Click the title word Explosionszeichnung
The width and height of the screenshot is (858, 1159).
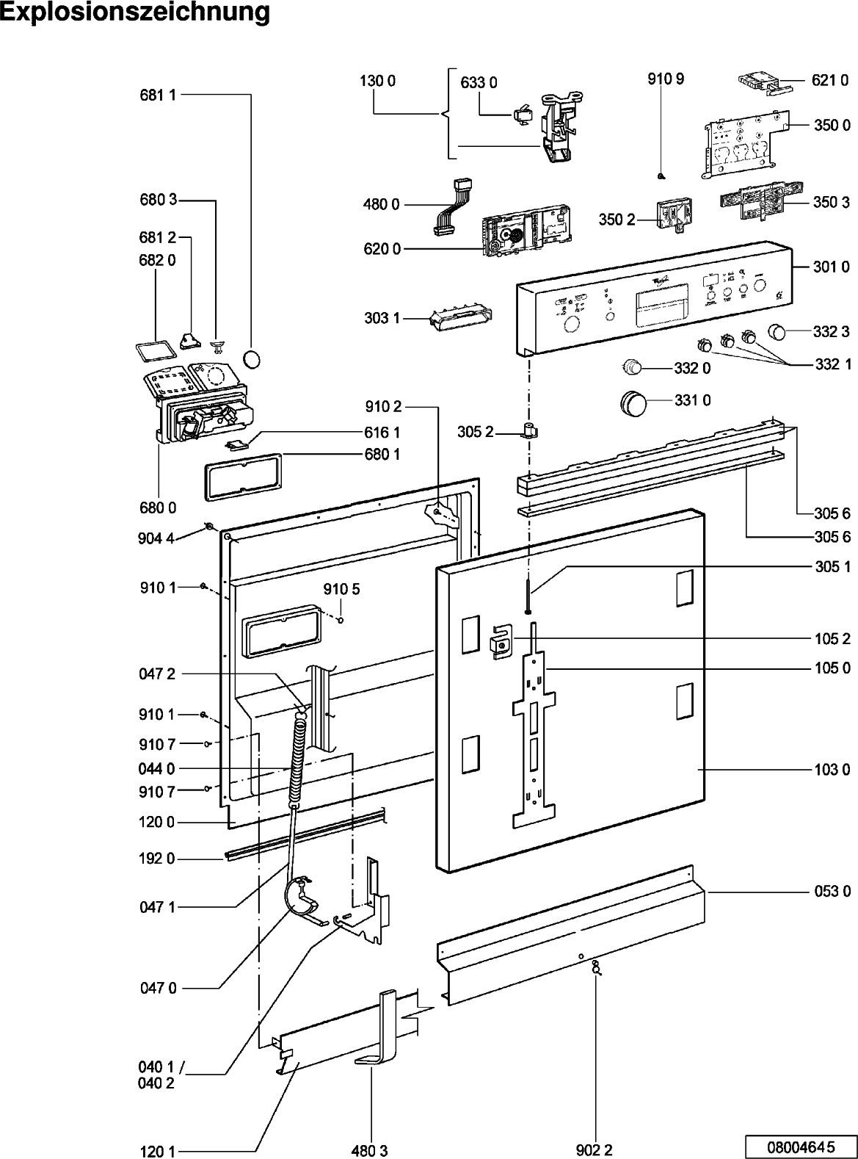135,14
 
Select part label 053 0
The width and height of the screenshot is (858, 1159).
832,892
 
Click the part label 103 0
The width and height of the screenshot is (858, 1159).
832,770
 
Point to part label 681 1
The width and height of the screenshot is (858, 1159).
157,95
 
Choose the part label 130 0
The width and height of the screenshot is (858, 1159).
377,82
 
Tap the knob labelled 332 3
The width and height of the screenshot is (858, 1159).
779,332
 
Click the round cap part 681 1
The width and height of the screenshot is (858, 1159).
252,358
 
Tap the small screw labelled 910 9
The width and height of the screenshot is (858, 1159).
661,175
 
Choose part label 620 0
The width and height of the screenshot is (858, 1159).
382,249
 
